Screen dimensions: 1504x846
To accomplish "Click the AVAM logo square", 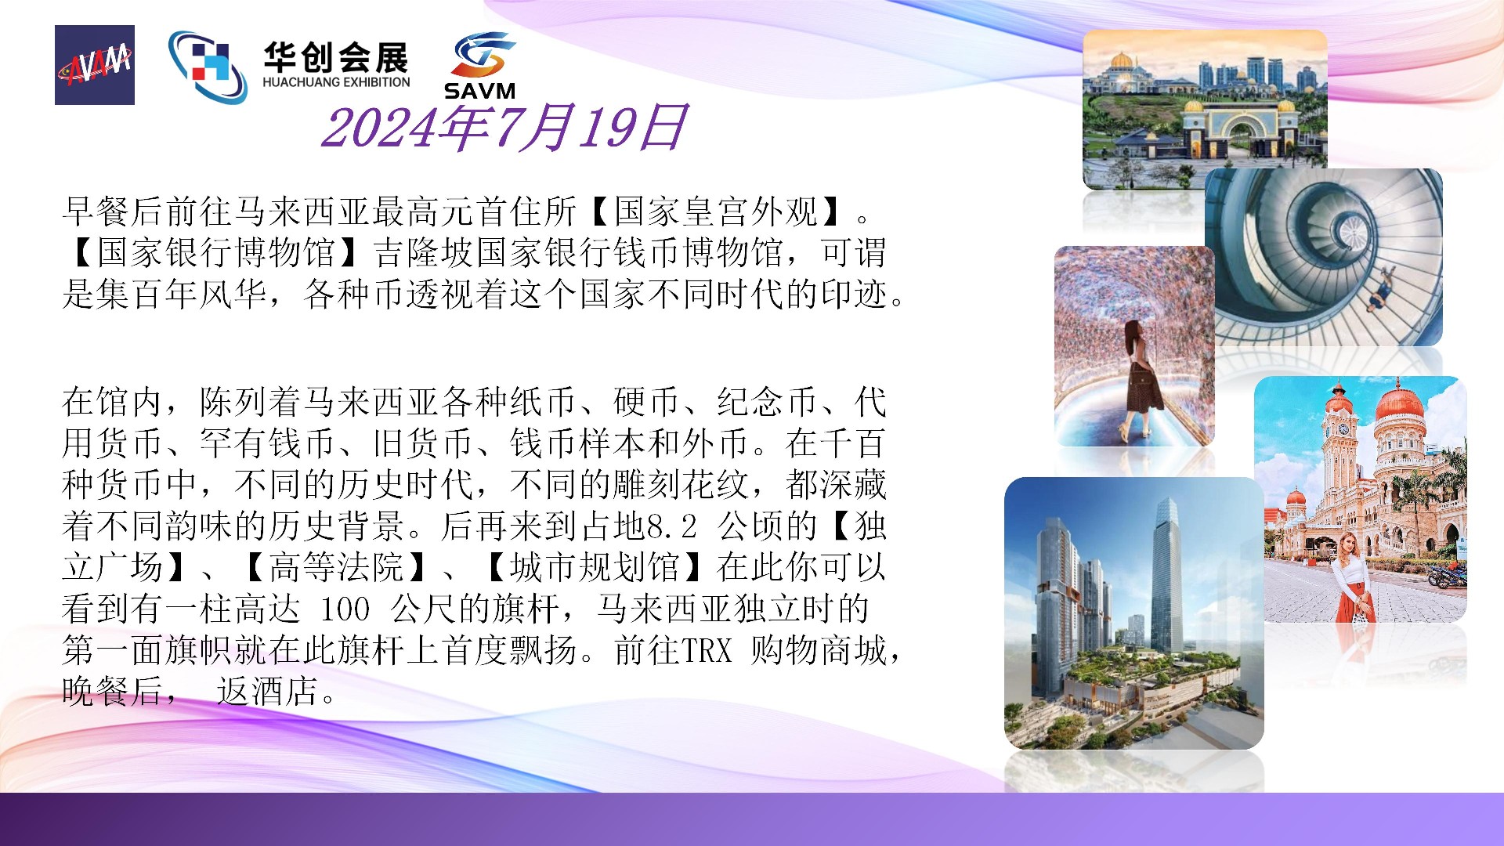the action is pos(95,65).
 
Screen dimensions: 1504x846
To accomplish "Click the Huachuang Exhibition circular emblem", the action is pos(208,67).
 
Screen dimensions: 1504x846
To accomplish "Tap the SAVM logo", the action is pos(480,66).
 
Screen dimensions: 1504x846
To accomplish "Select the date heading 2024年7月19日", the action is pos(504,128).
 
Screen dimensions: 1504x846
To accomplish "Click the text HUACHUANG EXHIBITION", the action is pos(336,82).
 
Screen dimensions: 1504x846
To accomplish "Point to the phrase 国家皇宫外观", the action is pos(716,211).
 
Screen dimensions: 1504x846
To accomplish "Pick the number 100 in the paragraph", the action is pos(345,609).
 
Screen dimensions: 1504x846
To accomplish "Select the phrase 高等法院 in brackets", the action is pos(336,567).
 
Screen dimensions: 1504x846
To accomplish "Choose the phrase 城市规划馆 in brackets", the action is pos(595,567).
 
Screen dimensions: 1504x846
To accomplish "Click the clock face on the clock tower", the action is pos(1343,430).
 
